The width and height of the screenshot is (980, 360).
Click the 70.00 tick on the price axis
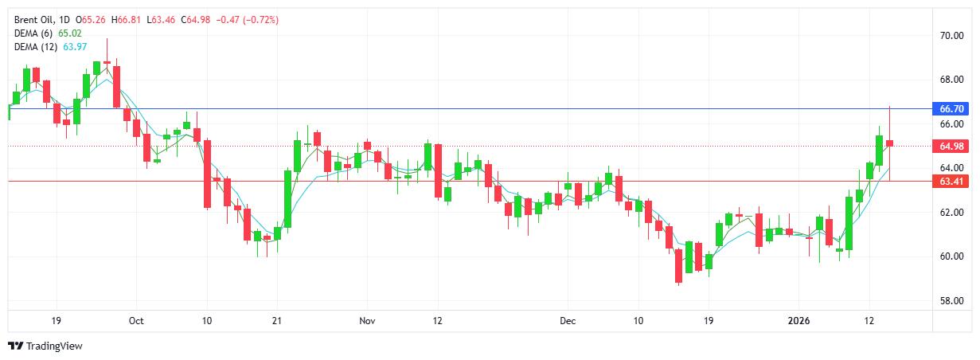click(951, 36)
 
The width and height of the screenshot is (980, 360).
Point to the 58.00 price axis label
click(951, 301)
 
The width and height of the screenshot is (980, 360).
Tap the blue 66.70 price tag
click(952, 108)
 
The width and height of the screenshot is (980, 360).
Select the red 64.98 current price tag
click(952, 147)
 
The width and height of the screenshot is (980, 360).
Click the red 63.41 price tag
click(952, 182)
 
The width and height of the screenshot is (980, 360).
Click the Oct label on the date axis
click(136, 321)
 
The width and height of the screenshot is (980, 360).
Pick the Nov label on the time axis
click(367, 321)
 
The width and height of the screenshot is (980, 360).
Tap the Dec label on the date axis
click(567, 321)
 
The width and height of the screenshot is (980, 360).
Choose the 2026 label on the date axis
click(798, 321)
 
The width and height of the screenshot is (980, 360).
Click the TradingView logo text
click(54, 346)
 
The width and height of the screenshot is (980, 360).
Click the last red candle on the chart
click(889, 143)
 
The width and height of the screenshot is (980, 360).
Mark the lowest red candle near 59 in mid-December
click(678, 267)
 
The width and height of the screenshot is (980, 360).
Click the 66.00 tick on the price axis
click(951, 124)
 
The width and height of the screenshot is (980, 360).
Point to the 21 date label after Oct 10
click(275, 321)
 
